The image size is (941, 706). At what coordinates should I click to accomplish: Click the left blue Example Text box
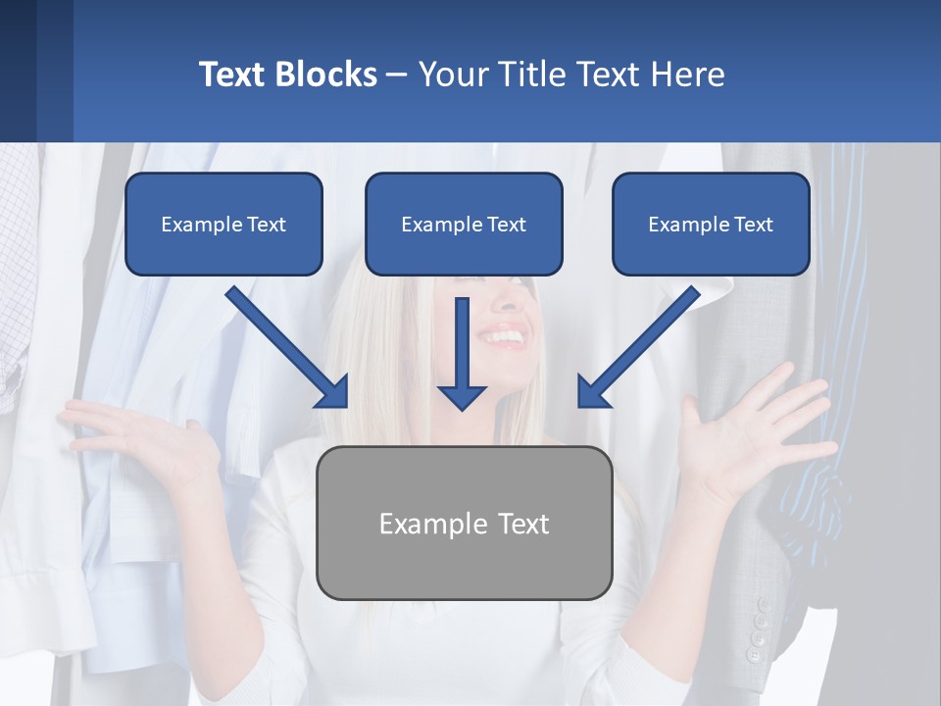223,224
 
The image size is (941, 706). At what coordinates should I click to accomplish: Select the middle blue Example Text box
464,224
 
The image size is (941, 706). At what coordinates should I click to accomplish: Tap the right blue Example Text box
711,224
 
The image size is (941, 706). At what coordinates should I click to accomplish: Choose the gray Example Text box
464,523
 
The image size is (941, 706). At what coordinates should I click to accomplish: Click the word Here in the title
690,75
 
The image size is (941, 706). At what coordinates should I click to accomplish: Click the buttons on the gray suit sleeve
758,628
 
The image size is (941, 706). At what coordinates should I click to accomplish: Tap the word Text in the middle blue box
506,225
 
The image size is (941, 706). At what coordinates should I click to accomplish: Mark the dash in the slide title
398,75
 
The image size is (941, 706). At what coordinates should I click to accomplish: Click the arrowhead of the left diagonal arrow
334,393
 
